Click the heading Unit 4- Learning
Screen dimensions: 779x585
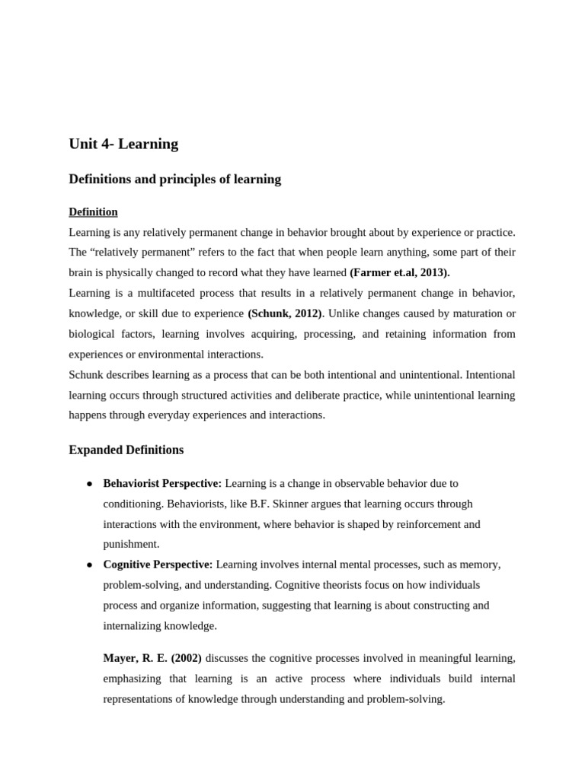pyautogui.click(x=123, y=144)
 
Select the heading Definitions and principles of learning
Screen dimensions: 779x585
pyautogui.click(x=174, y=180)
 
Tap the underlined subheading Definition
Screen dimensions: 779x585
pyautogui.click(x=93, y=211)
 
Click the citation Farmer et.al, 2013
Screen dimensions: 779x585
pyautogui.click(x=400, y=272)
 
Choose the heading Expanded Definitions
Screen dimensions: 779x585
pyautogui.click(x=126, y=450)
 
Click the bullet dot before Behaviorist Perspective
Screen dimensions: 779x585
pyautogui.click(x=89, y=484)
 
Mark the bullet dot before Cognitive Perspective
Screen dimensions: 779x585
pyautogui.click(x=89, y=565)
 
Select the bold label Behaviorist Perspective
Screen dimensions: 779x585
pyautogui.click(x=162, y=483)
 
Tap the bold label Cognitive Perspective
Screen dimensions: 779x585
pyautogui.click(x=158, y=564)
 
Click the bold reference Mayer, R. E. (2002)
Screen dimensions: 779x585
pyautogui.click(x=152, y=658)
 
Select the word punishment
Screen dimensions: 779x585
pyautogui.click(x=131, y=544)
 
